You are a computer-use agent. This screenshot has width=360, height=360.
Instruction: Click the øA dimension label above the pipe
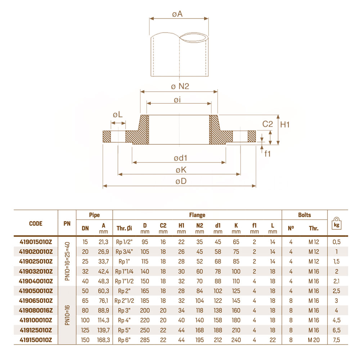[177, 14]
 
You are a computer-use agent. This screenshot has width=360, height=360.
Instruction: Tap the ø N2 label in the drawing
[180, 86]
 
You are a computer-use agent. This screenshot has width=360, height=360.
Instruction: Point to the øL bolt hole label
[118, 114]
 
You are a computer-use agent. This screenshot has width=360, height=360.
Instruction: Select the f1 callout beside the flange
[267, 154]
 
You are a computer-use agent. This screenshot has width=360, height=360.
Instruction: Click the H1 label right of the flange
[285, 125]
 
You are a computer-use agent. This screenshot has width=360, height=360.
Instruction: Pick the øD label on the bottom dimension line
[181, 181]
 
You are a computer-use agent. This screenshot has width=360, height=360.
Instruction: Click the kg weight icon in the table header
[337, 224]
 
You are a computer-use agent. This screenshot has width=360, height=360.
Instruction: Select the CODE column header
[36, 224]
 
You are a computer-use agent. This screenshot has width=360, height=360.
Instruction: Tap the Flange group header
[197, 215]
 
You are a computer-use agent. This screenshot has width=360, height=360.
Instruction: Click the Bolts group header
[305, 215]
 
